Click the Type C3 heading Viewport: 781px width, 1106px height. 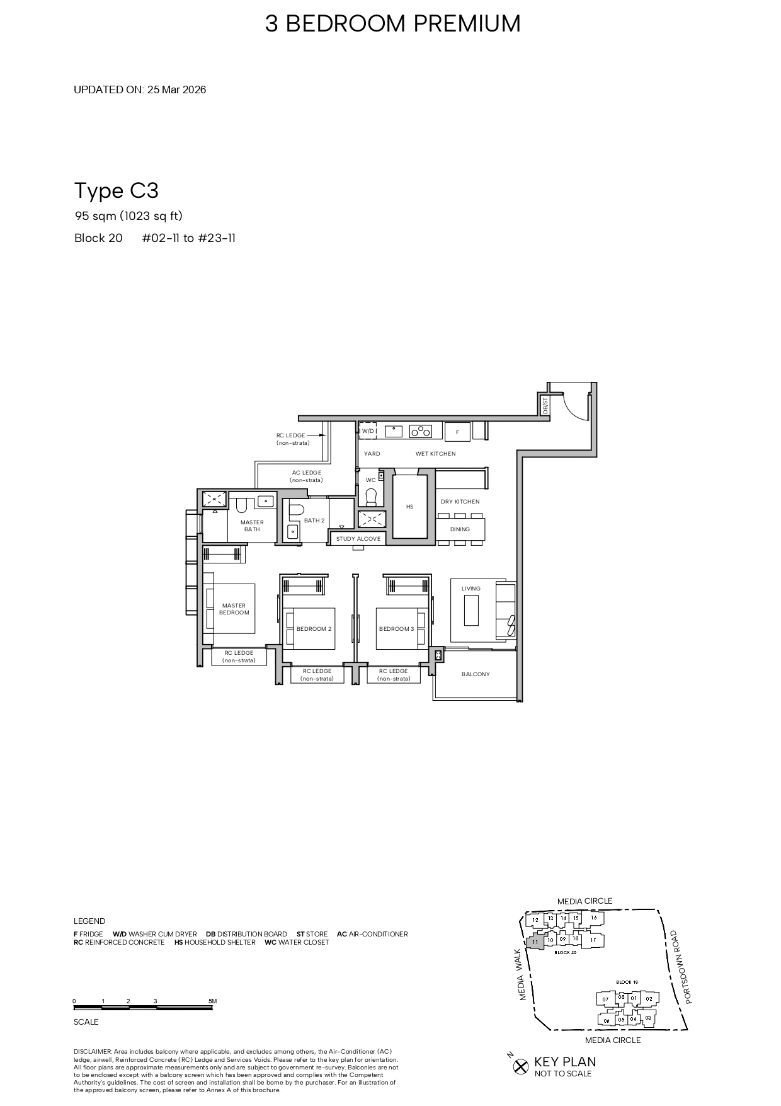pyautogui.click(x=117, y=190)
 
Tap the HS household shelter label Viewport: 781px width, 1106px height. pyautogui.click(x=409, y=507)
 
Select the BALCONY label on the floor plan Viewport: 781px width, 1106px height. pyautogui.click(x=476, y=674)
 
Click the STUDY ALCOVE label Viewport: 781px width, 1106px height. pyautogui.click(x=358, y=539)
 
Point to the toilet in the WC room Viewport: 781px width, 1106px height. pyautogui.click(x=371, y=497)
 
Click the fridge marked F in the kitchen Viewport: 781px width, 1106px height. pyautogui.click(x=457, y=432)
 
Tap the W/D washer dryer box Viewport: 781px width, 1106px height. pyautogui.click(x=368, y=431)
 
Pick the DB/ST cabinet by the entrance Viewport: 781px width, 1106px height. pyautogui.click(x=545, y=405)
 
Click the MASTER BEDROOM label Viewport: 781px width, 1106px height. pyautogui.click(x=234, y=609)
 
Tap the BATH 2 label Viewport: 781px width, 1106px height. pyautogui.click(x=314, y=521)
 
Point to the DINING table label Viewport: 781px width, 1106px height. pyautogui.click(x=460, y=529)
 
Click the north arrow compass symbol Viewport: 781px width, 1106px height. pyautogui.click(x=520, y=1066)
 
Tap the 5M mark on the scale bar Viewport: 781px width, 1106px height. pyautogui.click(x=212, y=1001)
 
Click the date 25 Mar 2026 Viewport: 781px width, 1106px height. pyautogui.click(x=176, y=89)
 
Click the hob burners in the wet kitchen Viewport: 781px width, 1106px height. pyautogui.click(x=421, y=432)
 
